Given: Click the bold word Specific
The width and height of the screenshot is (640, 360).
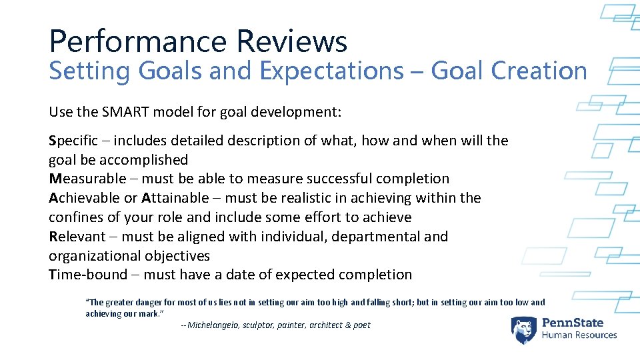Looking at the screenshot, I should pyautogui.click(x=73, y=141).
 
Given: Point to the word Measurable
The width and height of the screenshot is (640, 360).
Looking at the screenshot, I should pyautogui.click(x=87, y=179).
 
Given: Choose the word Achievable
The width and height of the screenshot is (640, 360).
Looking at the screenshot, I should pyautogui.click(x=85, y=198).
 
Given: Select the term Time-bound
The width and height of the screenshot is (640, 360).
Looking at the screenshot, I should pyautogui.click(x=87, y=275).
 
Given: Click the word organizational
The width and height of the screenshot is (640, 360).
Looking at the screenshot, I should pyautogui.click(x=93, y=256).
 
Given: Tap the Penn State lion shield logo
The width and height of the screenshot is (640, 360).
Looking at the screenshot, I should pyautogui.click(x=524, y=330).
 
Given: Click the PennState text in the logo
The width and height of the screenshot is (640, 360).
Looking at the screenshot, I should pyautogui.click(x=579, y=322).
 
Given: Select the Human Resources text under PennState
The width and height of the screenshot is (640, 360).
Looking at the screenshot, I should pyautogui.click(x=579, y=335).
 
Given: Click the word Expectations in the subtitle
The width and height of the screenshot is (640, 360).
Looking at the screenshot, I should pyautogui.click(x=337, y=71).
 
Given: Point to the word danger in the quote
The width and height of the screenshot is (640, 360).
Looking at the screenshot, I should pyautogui.click(x=146, y=302).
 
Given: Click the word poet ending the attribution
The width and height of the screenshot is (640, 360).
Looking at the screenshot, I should pyautogui.click(x=361, y=325).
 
